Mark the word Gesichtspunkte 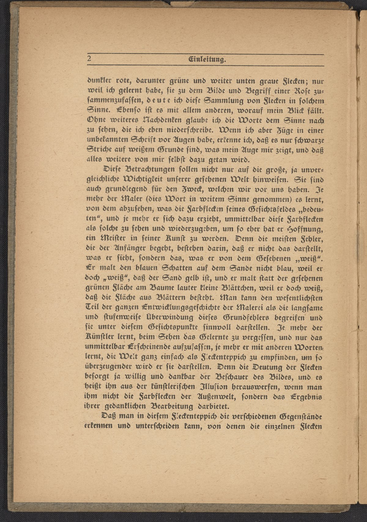coord(172,327)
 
